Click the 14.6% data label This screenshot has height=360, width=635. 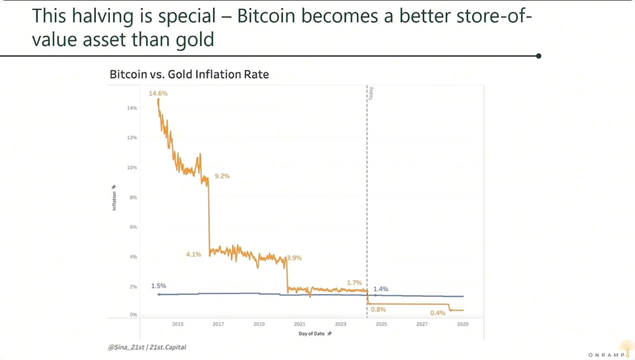(158, 93)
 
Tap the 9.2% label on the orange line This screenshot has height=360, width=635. (222, 176)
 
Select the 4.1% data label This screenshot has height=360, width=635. (194, 254)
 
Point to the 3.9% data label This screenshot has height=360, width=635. (294, 258)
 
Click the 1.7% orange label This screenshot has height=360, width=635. (355, 283)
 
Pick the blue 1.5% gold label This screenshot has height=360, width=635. (158, 286)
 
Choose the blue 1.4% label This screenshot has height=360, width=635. (380, 289)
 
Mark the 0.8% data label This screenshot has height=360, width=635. (378, 310)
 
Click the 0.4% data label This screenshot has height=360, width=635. (438, 313)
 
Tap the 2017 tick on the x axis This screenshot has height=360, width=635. (218, 324)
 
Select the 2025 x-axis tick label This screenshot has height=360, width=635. (382, 324)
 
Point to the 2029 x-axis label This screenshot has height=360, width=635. (462, 324)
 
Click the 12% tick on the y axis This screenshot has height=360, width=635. (132, 138)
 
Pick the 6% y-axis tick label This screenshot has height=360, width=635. (133, 227)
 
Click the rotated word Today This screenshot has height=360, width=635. (371, 94)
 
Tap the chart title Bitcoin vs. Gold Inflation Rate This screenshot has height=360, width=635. (189, 74)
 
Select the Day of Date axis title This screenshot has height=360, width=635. (312, 334)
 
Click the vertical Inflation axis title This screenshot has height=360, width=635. (114, 201)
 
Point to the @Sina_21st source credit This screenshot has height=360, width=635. (126, 347)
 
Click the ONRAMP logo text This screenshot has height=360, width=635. (606, 355)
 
